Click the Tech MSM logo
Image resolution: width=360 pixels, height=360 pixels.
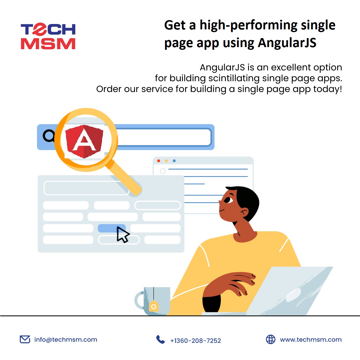pyautogui.click(x=48, y=36)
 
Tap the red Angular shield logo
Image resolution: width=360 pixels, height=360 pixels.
pyautogui.click(x=84, y=141)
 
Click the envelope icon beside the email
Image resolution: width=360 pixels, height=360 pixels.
pyautogui.click(x=25, y=339)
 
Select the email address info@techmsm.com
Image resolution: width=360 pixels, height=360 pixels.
pyautogui.click(x=66, y=340)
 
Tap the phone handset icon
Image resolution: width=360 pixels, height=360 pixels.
pyautogui.click(x=160, y=340)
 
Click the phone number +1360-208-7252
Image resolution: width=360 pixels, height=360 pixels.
pyautogui.click(x=196, y=341)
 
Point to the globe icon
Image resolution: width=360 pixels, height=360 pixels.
pyautogui.click(x=271, y=339)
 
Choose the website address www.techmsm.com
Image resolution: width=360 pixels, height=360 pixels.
pyautogui.click(x=311, y=340)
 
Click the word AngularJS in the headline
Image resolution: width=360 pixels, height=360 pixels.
pyautogui.click(x=287, y=43)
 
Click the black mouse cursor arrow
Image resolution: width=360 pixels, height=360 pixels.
pyautogui.click(x=122, y=234)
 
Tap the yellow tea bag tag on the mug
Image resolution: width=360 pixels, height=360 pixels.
pyautogui.click(x=154, y=306)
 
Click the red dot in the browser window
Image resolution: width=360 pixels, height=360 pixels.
pyautogui.click(x=159, y=161)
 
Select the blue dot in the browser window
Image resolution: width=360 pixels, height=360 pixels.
pyautogui.click(x=174, y=161)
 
